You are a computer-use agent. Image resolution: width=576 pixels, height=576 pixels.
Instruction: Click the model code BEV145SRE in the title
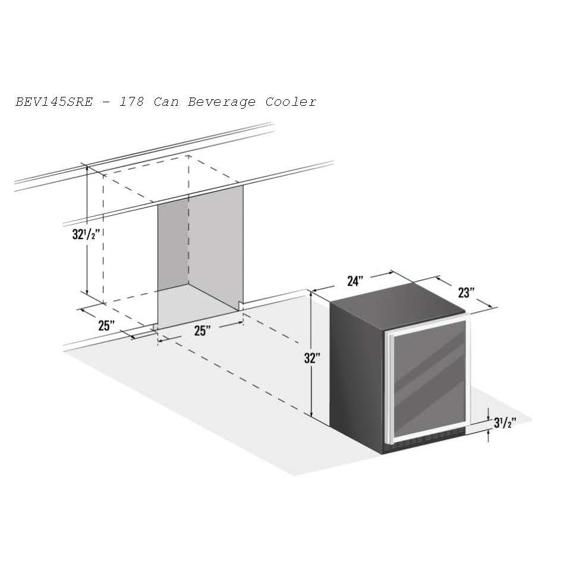[x=54, y=102]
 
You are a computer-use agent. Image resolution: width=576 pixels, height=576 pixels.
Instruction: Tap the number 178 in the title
[x=131, y=102]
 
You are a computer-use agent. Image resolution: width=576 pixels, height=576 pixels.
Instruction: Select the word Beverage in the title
[x=222, y=102]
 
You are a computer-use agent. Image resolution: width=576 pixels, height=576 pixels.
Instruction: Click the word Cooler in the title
[x=291, y=102]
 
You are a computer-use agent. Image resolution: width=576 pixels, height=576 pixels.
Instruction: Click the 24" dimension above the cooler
[x=355, y=281]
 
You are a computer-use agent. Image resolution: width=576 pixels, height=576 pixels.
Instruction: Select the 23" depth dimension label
[x=466, y=293]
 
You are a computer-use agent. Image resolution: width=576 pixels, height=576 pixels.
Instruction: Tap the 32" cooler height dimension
[x=312, y=358]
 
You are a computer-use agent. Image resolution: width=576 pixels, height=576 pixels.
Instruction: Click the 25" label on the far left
[x=106, y=326]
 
